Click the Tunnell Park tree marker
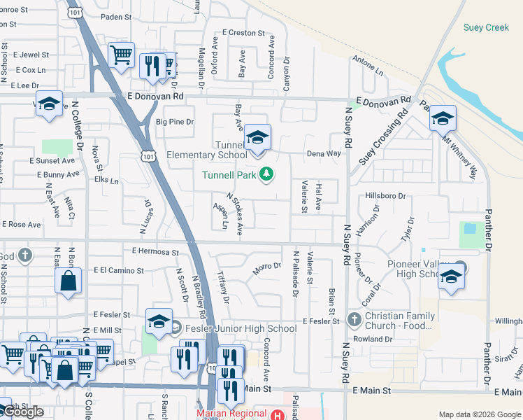point(266,174)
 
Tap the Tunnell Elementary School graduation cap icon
point(257,137)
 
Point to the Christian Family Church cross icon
point(354,321)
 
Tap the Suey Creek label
point(486,28)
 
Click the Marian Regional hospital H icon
point(278,414)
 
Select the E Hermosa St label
point(155,251)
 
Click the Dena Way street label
point(323,153)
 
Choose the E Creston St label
point(243,32)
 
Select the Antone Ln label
point(368,66)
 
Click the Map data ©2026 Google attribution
point(480,414)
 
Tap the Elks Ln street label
point(106,181)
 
